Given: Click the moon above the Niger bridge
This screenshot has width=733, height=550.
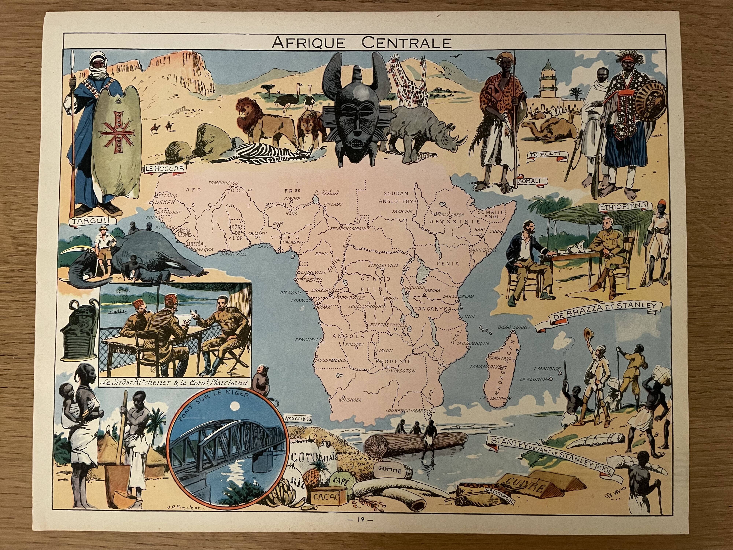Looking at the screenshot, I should pyautogui.click(x=236, y=405).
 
